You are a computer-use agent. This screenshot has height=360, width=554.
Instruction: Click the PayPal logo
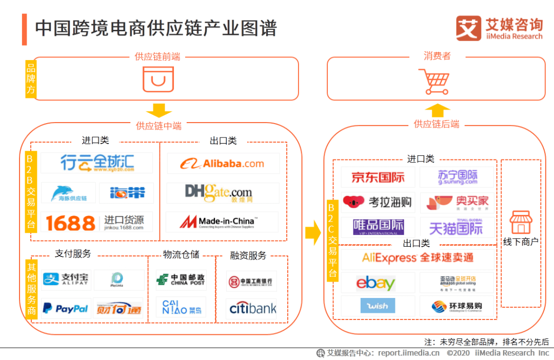click(x=65, y=308)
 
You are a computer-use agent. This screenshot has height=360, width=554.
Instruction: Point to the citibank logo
click(x=252, y=308)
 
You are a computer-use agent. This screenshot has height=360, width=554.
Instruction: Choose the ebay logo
click(x=375, y=283)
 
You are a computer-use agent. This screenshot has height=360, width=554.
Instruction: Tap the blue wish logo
click(x=378, y=306)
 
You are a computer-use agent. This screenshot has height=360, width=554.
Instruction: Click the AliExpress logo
click(x=418, y=257)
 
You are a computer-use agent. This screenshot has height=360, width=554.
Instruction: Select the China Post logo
click(x=181, y=279)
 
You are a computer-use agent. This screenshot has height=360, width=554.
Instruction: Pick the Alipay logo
click(x=66, y=279)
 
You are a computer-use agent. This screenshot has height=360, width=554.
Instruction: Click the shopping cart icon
click(x=436, y=82)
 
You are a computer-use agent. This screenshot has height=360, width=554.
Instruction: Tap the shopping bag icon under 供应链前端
click(x=158, y=79)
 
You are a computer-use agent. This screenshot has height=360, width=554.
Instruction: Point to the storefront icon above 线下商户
click(x=521, y=223)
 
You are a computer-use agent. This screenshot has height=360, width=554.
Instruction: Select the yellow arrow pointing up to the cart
click(x=437, y=110)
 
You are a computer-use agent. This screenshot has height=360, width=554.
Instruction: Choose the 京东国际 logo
click(x=378, y=177)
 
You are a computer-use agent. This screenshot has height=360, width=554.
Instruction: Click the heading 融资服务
click(x=248, y=255)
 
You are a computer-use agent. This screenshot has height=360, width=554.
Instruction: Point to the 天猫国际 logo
click(x=456, y=227)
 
